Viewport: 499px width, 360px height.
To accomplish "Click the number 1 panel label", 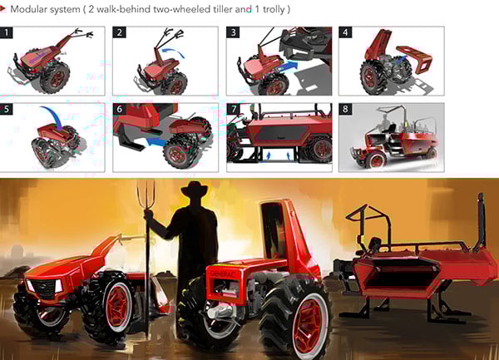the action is [x=7, y=32].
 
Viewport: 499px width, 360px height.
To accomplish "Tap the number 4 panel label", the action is [x=345, y=32].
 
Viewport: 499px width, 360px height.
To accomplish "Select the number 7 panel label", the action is [x=233, y=109].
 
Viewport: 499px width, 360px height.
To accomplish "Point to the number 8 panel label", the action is [x=345, y=109].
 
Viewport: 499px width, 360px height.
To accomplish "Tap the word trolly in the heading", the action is [x=273, y=9].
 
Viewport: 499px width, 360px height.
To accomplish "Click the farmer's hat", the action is [x=194, y=190].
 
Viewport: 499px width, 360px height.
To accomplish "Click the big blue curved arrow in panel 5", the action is [x=52, y=116].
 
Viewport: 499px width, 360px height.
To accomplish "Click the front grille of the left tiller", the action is [x=45, y=288].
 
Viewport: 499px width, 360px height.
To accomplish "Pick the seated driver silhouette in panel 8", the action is [x=386, y=125].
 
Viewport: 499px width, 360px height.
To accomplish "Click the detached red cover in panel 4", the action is [x=416, y=59].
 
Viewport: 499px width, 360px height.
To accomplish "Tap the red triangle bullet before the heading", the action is [x=2, y=9].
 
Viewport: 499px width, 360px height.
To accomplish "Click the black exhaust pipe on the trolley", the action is [x=481, y=219].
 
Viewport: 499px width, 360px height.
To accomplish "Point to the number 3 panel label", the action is [x=233, y=32].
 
